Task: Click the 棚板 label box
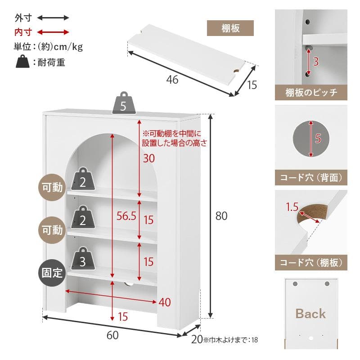click(230, 28)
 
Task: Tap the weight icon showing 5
click(123, 105)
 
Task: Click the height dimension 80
click(221, 216)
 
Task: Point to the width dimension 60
click(112, 335)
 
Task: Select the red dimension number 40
click(165, 302)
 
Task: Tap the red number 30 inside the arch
click(148, 158)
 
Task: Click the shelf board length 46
click(172, 80)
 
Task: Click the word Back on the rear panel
click(310, 314)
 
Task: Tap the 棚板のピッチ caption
click(311, 93)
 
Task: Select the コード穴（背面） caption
click(311, 178)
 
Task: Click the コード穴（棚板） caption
click(311, 262)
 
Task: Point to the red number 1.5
click(292, 207)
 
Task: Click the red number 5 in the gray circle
click(318, 139)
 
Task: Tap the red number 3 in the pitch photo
click(316, 62)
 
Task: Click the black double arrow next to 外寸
click(53, 18)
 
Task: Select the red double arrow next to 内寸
click(53, 32)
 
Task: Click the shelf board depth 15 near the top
click(252, 84)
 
